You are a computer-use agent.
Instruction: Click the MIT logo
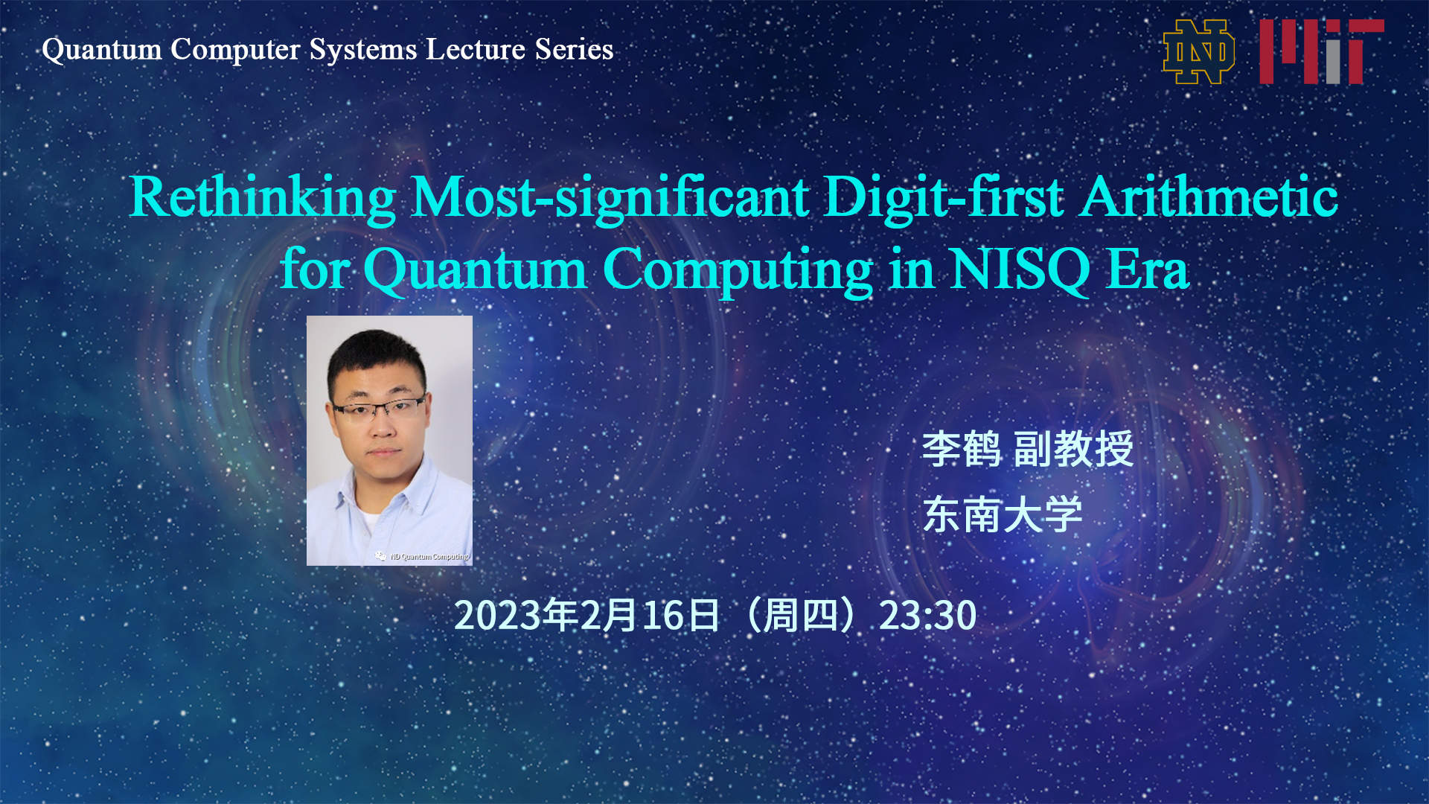pyautogui.click(x=1321, y=51)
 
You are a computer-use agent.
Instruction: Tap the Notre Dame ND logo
pyautogui.click(x=1198, y=51)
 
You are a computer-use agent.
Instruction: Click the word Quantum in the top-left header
pyautogui.click(x=102, y=50)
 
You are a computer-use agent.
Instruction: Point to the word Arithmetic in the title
pyautogui.click(x=1209, y=197)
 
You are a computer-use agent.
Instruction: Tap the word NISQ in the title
pyautogui.click(x=1020, y=269)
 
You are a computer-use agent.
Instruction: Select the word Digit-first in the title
pyautogui.click(x=944, y=197)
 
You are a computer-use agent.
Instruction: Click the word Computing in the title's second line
pyautogui.click(x=737, y=269)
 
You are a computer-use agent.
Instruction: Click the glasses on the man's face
pyautogui.click(x=379, y=409)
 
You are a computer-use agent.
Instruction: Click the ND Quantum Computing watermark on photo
pyautogui.click(x=424, y=556)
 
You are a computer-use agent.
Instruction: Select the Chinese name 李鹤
pyautogui.click(x=961, y=449)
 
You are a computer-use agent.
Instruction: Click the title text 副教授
pyautogui.click(x=1073, y=449)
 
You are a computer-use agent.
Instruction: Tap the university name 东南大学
pyautogui.click(x=1002, y=514)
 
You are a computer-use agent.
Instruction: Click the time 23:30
pyautogui.click(x=927, y=616)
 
